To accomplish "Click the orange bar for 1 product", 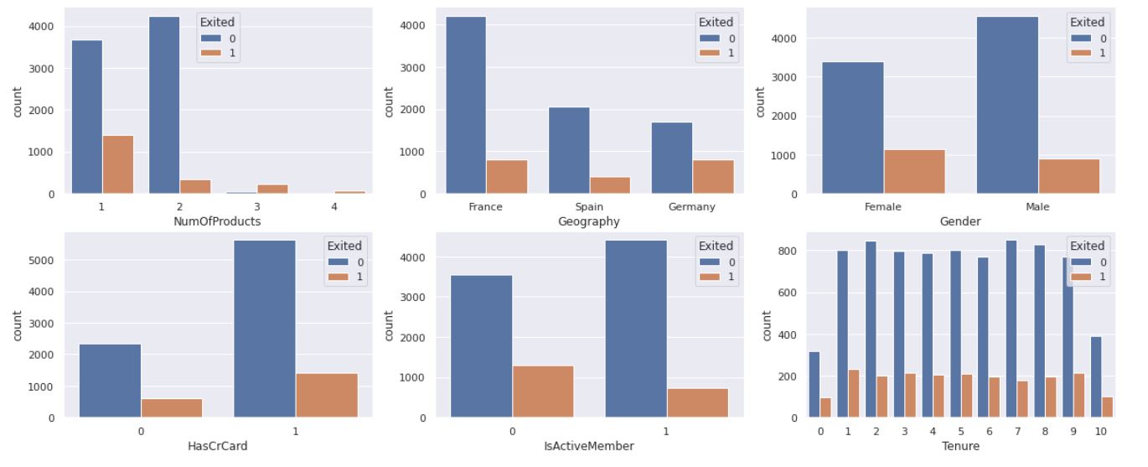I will (x=118, y=164).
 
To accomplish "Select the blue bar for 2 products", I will (x=164, y=105).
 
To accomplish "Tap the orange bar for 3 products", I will (x=272, y=189).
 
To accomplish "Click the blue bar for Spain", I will (x=569, y=150).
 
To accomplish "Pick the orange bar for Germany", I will (x=713, y=177).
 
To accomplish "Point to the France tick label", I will (x=486, y=206).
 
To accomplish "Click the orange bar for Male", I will (x=1068, y=176).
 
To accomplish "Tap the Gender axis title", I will (x=960, y=221).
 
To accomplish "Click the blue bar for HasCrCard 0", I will (x=110, y=381).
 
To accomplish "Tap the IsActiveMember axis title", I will (x=588, y=446).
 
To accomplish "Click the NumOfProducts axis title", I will (x=217, y=221).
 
